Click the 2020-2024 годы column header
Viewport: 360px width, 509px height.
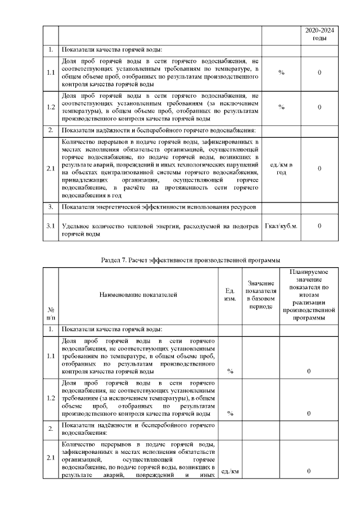coord(319,34)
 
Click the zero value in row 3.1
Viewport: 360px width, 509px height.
coord(319,226)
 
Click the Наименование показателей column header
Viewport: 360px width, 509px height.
coord(138,294)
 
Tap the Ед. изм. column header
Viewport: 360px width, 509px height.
coord(229,294)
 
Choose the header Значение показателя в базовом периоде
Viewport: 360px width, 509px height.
coord(260,294)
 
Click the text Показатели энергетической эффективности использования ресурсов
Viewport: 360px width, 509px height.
coord(159,208)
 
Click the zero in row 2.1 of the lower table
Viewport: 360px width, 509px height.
coord(309,471)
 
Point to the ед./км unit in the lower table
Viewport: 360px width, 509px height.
coord(229,471)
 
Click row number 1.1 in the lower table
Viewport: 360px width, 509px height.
coord(51,356)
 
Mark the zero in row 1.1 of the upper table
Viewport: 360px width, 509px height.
coord(319,73)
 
